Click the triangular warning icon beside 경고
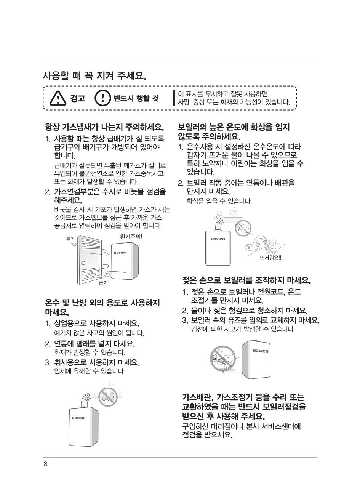(x=58, y=98)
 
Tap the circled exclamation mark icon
(x=102, y=98)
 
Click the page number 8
(x=46, y=464)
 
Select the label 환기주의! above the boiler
(x=131, y=236)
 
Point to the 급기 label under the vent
(x=103, y=283)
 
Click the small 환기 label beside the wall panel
(x=70, y=239)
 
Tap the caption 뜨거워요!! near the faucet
(x=270, y=258)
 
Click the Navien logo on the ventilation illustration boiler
(x=120, y=252)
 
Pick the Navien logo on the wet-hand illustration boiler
(x=260, y=351)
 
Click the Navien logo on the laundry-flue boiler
(x=78, y=418)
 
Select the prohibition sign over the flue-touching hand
(x=243, y=228)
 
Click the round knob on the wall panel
(x=83, y=263)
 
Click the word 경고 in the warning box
(x=78, y=98)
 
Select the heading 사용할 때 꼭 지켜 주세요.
(x=94, y=76)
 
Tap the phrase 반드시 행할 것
(x=136, y=98)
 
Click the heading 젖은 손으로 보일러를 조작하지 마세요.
(x=246, y=280)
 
